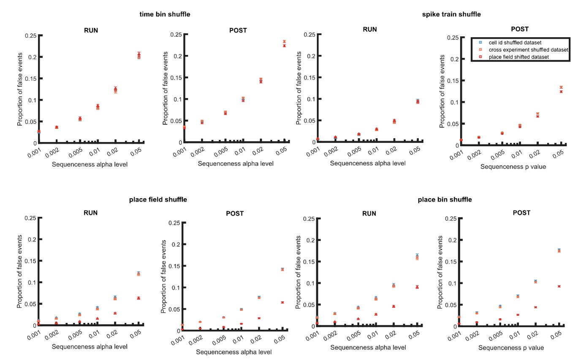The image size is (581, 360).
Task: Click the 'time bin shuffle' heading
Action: pos(165,14)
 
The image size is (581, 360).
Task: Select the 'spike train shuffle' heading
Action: pos(451,14)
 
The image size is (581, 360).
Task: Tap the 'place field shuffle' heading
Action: pos(158,199)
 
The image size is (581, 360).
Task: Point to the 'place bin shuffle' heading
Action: pos(445,199)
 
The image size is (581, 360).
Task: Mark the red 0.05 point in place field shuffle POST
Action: pos(282,302)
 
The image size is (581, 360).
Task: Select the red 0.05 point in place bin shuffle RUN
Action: pos(417,287)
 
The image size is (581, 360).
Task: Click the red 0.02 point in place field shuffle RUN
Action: pos(115,313)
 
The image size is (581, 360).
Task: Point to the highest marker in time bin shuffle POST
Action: pos(284,41)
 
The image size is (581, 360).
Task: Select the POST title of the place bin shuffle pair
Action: pos(521,213)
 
